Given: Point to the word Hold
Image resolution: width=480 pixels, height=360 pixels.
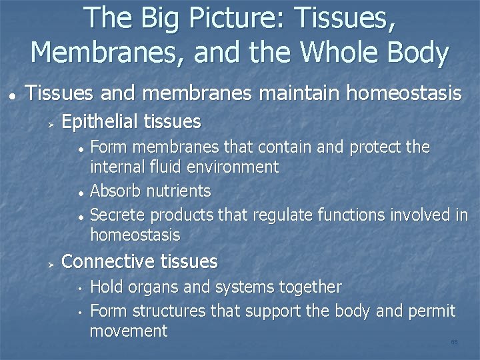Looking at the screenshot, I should [104, 287].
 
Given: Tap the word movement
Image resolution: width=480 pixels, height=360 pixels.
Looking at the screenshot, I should [128, 331].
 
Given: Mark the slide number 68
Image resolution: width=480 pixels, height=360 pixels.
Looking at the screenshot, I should [454, 341].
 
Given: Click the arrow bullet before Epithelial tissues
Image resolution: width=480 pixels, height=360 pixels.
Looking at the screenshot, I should [50, 123].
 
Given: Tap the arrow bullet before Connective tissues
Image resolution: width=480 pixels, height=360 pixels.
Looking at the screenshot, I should [50, 263].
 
